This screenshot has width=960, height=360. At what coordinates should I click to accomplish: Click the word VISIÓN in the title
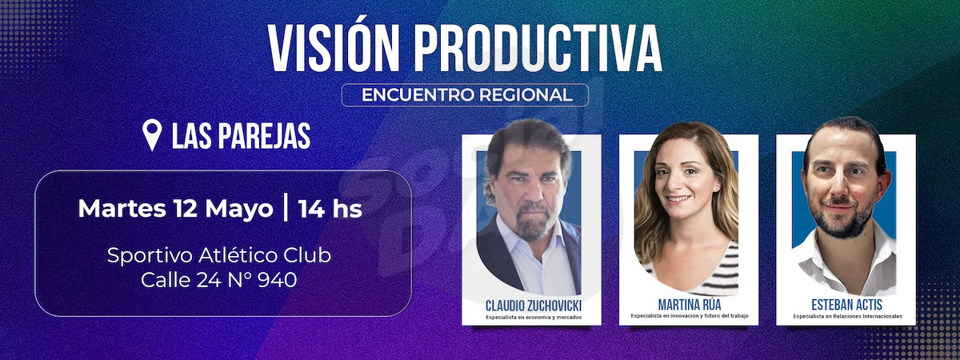[x=334, y=47]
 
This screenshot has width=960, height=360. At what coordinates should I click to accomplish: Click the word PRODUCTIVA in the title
[x=538, y=49]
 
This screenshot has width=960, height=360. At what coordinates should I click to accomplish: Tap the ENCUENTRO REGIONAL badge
[x=465, y=94]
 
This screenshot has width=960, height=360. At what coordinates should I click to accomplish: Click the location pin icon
[x=152, y=134]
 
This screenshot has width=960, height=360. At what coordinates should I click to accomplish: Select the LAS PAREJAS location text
[x=242, y=136]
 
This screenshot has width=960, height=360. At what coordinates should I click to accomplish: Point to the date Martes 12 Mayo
[x=175, y=209]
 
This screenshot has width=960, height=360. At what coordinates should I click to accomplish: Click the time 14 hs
[x=330, y=209]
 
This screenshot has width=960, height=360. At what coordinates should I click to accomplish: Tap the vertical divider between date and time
[x=286, y=208]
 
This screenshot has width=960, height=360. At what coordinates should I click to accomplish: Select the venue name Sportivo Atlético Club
[x=219, y=256]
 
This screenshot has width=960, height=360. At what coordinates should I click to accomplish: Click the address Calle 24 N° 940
[x=219, y=280]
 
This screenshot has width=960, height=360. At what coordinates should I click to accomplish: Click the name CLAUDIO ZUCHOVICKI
[x=534, y=306]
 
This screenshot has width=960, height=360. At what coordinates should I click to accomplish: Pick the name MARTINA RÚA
[x=690, y=305]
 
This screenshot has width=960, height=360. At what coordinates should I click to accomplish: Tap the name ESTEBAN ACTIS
[x=847, y=305]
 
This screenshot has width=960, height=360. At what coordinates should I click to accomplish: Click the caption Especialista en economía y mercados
[x=534, y=318]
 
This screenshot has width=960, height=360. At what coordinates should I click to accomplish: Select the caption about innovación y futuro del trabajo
[x=690, y=316]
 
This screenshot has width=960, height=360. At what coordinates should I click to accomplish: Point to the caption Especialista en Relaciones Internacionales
[x=847, y=317]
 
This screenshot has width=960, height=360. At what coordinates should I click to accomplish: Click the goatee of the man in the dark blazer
[x=532, y=222]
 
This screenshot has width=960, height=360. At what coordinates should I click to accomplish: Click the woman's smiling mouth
[x=679, y=199]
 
